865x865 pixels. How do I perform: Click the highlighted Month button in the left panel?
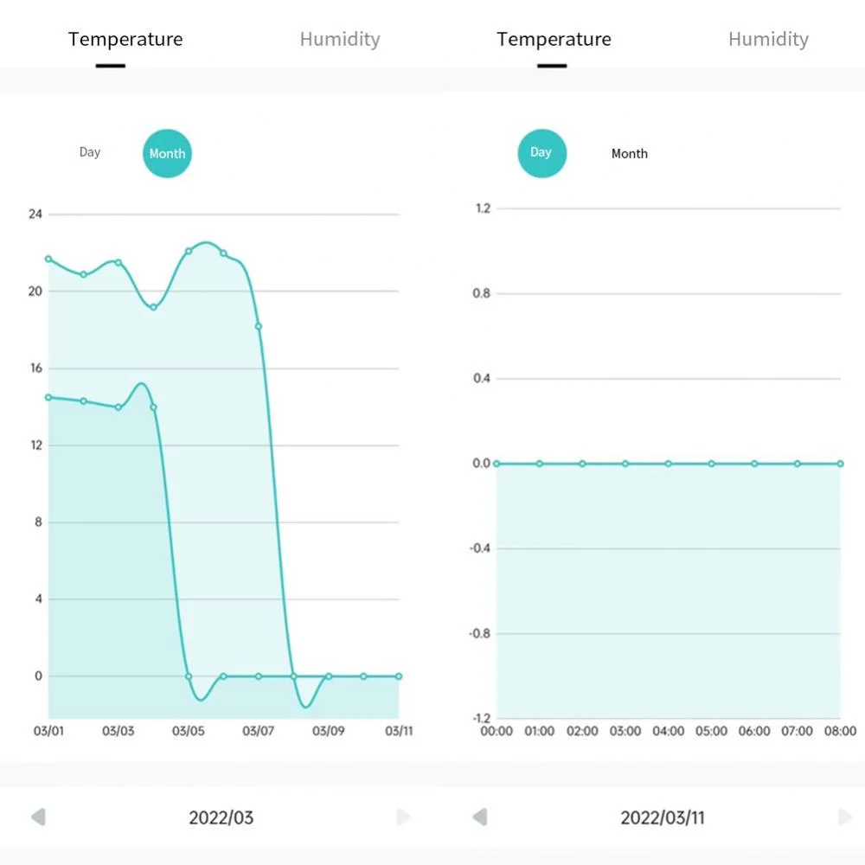[x=167, y=154]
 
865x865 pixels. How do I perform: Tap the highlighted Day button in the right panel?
[x=541, y=153]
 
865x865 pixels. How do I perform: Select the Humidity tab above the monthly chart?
[x=340, y=39]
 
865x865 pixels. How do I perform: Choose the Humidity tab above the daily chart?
[x=768, y=39]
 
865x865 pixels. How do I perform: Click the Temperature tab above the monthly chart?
[x=125, y=39]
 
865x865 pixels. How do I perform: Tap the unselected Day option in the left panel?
[x=90, y=152]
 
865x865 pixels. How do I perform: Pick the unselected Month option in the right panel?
[x=630, y=154]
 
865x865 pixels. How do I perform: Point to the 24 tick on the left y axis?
[x=35, y=214]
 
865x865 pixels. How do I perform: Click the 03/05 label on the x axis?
[x=189, y=732]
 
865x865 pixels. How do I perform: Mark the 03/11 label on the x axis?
[x=399, y=732]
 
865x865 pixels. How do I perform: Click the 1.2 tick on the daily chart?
[x=483, y=208]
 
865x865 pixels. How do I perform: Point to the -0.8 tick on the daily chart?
[x=479, y=634]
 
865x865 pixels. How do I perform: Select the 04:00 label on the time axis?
[x=668, y=732]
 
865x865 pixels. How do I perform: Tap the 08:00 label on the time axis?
[x=839, y=732]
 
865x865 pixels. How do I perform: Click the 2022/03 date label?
[x=221, y=817]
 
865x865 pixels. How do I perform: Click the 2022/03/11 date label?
[x=663, y=817]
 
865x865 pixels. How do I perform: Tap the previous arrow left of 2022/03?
[x=38, y=817]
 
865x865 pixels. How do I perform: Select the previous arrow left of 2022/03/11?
[x=480, y=817]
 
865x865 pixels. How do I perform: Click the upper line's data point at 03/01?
[x=48, y=259]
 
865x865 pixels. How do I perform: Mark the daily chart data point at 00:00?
[x=497, y=464]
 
